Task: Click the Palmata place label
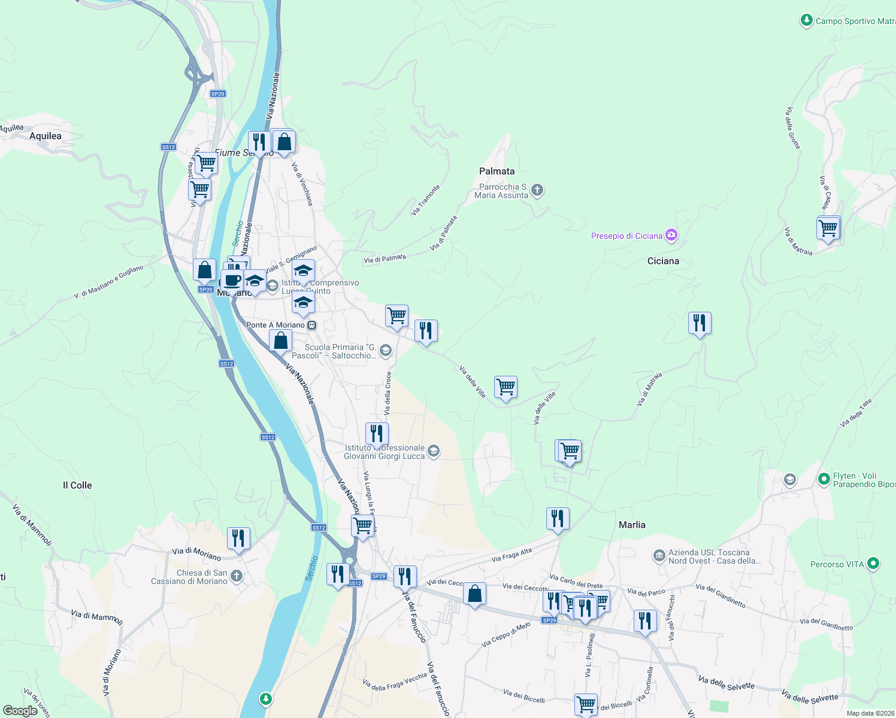pos(497,171)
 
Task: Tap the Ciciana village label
pos(663,261)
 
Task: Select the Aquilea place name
pos(46,136)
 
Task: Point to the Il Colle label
pos(77,485)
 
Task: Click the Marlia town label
pos(632,525)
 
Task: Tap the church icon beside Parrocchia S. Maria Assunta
pos(537,190)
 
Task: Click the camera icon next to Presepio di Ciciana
pos(671,235)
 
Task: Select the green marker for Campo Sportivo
pos(806,21)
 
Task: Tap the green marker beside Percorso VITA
pos(873,564)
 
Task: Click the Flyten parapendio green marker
pos(824,479)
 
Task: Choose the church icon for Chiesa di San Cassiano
pos(237,576)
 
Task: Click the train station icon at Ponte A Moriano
pos(311,325)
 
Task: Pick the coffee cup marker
pos(232,280)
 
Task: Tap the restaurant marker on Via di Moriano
pos(238,538)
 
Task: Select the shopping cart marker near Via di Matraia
pos(828,227)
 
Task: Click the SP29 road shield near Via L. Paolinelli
pos(549,620)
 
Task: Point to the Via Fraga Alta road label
pos(511,555)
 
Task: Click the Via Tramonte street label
pos(426,199)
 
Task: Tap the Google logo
pos(20,711)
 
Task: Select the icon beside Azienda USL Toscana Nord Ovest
pos(659,556)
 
